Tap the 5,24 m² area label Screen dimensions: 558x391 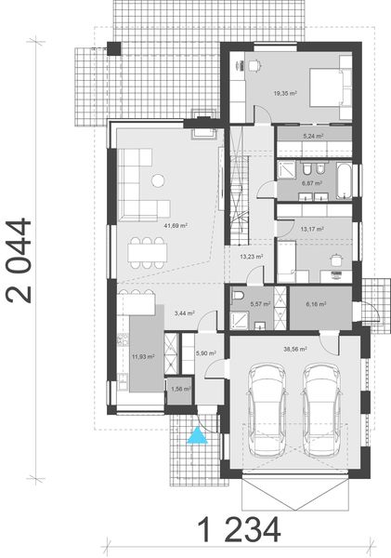(x=312, y=136)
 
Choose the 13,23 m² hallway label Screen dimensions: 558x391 (x=251, y=257)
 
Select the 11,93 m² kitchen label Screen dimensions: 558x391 (x=143, y=356)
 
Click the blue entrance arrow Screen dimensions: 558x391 (x=197, y=435)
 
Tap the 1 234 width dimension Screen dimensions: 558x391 (x=238, y=531)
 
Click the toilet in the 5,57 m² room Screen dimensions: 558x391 (x=239, y=296)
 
